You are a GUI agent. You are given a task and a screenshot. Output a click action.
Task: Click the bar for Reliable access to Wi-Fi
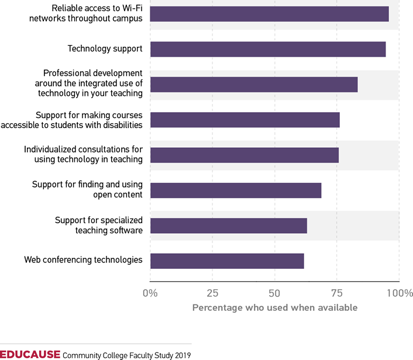point(269,14)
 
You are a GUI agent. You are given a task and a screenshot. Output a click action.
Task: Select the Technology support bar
point(268,49)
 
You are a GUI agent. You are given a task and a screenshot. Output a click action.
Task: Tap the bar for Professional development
point(254,85)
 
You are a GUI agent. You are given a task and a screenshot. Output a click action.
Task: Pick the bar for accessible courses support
point(245,120)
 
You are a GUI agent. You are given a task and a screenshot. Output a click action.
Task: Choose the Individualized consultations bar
point(244,155)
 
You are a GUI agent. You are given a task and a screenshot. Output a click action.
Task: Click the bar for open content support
point(236,191)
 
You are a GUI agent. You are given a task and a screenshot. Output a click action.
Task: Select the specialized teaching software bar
point(228,226)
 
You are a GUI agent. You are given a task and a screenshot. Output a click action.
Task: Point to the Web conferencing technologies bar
point(227,261)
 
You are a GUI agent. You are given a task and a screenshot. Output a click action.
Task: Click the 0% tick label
point(150,293)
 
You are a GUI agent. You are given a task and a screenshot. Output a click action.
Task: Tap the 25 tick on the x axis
point(212,293)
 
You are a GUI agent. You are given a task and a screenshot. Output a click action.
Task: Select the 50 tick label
point(274,293)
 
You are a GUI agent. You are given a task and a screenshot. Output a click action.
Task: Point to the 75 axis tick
point(336,293)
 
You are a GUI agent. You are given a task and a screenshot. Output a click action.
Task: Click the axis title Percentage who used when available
point(274,307)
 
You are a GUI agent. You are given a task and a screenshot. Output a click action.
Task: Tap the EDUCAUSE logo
point(30,354)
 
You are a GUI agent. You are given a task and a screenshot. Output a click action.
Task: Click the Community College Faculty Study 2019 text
point(126,355)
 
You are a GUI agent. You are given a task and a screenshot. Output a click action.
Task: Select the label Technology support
point(105,49)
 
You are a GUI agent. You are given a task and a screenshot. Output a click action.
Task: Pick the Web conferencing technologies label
point(83,259)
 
